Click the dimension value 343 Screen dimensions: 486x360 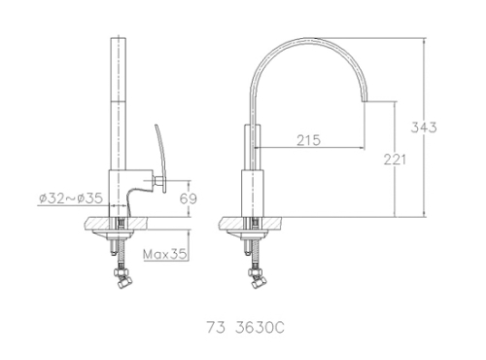click(x=424, y=127)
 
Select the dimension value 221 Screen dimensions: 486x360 click(x=395, y=160)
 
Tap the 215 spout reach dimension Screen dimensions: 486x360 click(x=308, y=140)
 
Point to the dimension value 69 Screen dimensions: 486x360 click(x=189, y=198)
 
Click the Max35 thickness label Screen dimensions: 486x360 click(x=165, y=254)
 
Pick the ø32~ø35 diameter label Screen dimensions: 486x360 click(x=71, y=198)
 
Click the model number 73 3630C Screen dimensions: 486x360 click(x=246, y=328)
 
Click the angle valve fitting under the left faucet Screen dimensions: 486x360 click(x=121, y=277)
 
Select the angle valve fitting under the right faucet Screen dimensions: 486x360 click(x=257, y=277)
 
